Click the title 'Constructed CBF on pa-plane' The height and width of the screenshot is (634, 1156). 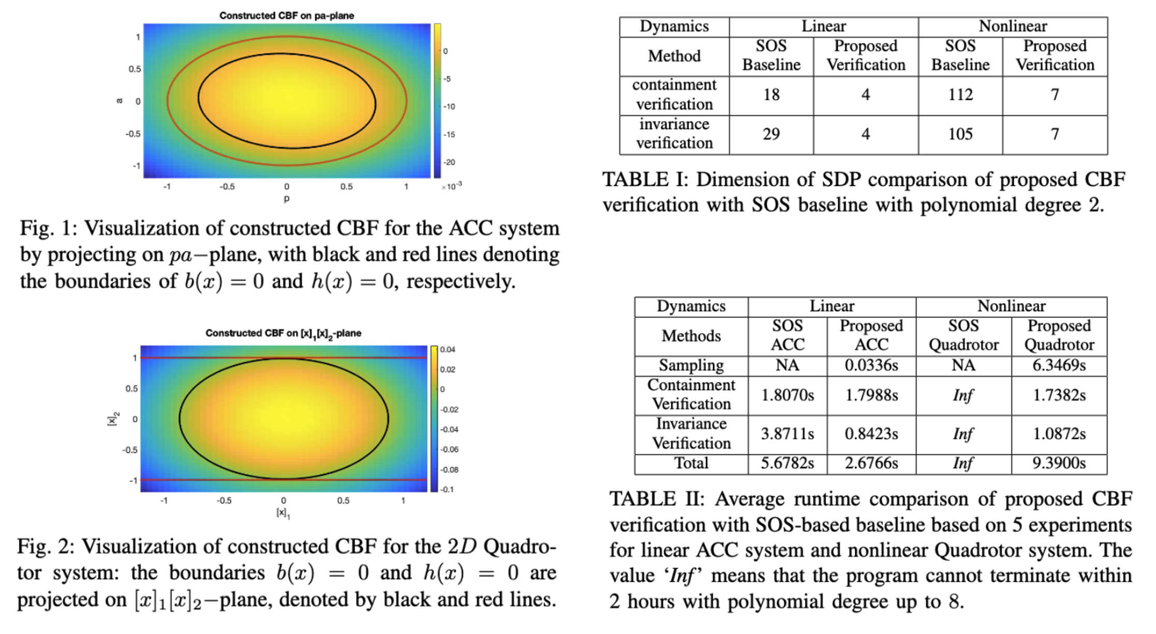pos(287,16)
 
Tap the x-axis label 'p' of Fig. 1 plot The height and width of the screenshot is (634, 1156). pos(287,198)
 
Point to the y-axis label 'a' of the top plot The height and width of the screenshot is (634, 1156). pos(120,100)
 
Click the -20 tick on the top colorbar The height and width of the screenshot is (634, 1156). pos(449,162)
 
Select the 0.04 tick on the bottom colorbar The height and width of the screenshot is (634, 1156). pos(448,350)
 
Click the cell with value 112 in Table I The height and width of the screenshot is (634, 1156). pos(960,95)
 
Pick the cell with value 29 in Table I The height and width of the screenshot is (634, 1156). pos(771,134)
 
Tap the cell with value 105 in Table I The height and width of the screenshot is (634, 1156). pos(960,134)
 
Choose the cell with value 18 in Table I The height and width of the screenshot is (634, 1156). pos(771,95)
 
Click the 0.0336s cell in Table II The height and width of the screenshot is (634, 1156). pos(871,366)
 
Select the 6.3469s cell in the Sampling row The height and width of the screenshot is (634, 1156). pos(1059,366)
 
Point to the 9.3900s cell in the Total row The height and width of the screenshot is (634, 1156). pos(1059,463)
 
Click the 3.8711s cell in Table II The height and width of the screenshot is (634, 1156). pos(787,434)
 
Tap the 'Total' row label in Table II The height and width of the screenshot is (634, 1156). pos(691,463)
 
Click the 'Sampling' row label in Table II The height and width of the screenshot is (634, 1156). pos(691,366)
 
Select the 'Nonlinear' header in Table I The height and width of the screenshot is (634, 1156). pos(1013,26)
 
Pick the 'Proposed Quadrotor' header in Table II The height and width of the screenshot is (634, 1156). pos(1059,336)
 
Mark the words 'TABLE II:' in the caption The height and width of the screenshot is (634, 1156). pos(657,499)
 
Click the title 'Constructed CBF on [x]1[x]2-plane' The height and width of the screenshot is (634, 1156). pos(283,334)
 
